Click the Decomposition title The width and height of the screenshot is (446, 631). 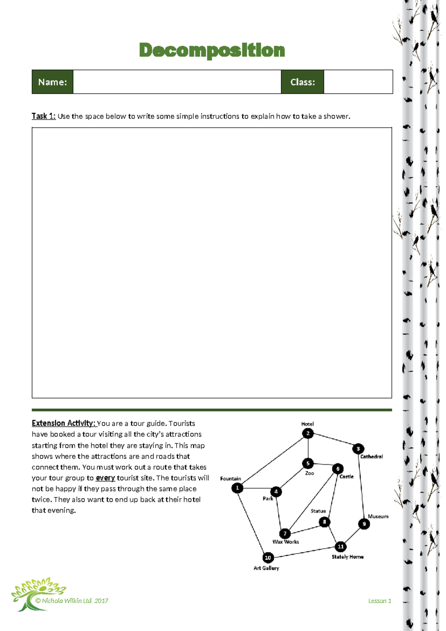[x=212, y=50]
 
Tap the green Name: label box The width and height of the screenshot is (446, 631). [x=52, y=82]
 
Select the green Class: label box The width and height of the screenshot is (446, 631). [x=303, y=82]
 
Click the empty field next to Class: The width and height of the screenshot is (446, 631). [x=358, y=82]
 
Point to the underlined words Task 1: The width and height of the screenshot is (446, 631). [x=43, y=116]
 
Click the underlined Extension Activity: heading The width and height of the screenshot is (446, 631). [x=64, y=423]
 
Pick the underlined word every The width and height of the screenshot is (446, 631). [x=105, y=478]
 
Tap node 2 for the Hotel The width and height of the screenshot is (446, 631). [x=308, y=433]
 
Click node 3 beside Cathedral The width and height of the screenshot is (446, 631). [x=358, y=449]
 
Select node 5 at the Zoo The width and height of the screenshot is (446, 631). [x=308, y=464]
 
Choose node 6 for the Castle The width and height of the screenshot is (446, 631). [x=337, y=469]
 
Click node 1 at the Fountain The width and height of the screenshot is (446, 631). [x=237, y=488]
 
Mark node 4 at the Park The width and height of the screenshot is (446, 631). [x=276, y=492]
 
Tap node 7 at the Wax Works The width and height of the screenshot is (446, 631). [x=285, y=534]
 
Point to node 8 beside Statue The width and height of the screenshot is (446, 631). [x=324, y=522]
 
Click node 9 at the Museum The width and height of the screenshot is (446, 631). [x=364, y=524]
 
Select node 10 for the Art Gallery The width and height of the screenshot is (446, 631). [x=268, y=558]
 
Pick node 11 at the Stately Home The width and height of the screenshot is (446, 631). [x=340, y=547]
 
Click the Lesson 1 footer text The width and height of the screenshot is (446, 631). [x=379, y=601]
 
